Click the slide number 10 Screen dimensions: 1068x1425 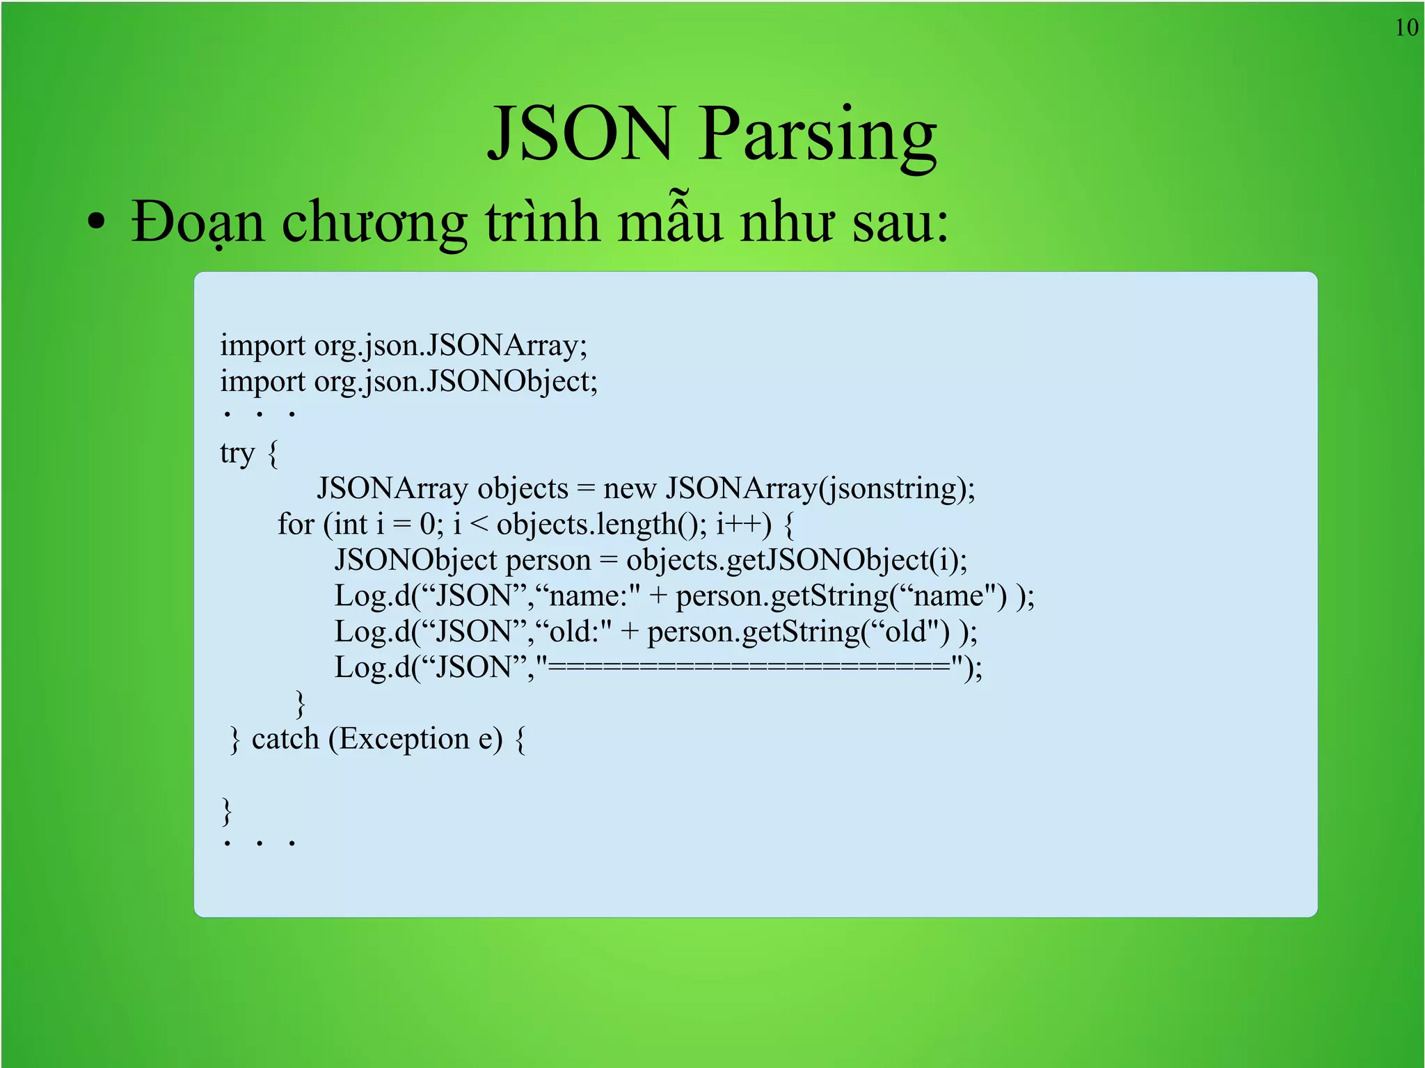[x=1406, y=28]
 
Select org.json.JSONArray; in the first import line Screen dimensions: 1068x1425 [x=451, y=346]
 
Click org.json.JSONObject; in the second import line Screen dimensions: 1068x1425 [x=456, y=381]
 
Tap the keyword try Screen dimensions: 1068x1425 [x=237, y=453]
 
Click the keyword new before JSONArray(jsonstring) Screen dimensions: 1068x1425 [x=630, y=488]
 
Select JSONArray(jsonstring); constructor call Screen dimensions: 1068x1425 [x=820, y=488]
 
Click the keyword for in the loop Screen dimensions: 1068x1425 [x=296, y=524]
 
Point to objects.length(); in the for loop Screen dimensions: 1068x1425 [x=601, y=524]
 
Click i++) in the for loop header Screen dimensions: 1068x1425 [x=744, y=524]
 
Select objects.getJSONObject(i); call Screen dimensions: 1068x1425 [x=797, y=560]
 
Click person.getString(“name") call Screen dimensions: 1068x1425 [x=841, y=596]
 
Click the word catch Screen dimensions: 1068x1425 [x=285, y=739]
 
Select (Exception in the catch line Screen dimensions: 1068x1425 [x=399, y=739]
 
